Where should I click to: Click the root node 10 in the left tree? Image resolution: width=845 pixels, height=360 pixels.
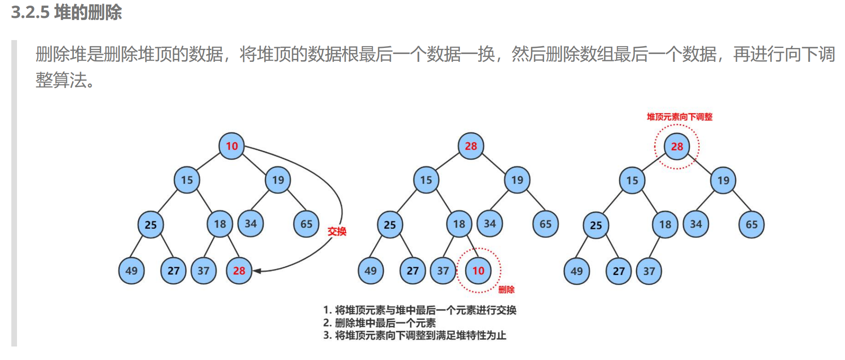click(x=232, y=146)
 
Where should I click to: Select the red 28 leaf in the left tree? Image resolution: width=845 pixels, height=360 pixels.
click(x=239, y=271)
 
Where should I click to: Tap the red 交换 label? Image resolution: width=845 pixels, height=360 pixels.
click(x=337, y=231)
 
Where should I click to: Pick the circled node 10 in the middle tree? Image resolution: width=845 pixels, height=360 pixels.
click(x=478, y=271)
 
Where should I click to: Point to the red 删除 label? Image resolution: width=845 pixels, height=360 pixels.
click(x=506, y=289)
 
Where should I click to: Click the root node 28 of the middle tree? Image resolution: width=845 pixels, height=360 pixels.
click(x=471, y=146)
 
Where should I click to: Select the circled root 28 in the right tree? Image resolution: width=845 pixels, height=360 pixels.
click(x=677, y=146)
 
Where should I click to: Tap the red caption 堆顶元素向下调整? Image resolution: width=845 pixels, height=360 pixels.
click(x=679, y=117)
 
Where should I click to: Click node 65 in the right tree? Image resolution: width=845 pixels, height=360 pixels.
click(x=751, y=224)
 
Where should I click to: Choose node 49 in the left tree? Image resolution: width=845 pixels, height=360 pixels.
click(x=131, y=271)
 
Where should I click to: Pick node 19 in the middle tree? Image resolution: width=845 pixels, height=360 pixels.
click(x=517, y=180)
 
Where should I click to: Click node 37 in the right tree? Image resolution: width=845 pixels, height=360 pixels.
click(x=649, y=271)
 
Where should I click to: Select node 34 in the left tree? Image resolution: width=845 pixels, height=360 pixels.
click(x=251, y=224)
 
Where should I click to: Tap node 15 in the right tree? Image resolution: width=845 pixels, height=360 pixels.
click(x=632, y=180)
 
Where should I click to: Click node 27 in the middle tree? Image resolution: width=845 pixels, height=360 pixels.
click(x=412, y=271)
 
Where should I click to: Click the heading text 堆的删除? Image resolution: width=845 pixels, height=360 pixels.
click(x=88, y=13)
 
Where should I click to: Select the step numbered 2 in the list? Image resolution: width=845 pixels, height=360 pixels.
click(x=379, y=323)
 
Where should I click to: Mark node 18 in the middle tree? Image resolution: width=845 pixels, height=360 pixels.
click(x=459, y=224)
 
